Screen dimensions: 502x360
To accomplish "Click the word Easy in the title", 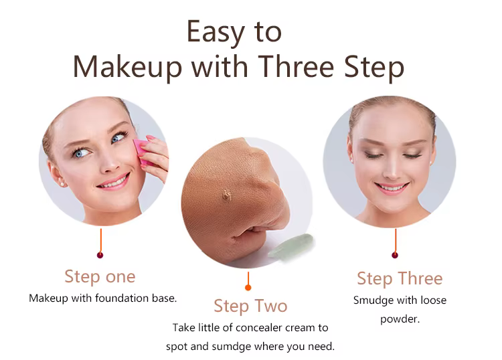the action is point(216,32).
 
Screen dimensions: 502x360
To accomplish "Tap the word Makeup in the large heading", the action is point(127,68).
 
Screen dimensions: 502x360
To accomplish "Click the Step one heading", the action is point(100,277).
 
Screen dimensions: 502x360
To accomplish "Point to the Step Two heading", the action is point(250,306).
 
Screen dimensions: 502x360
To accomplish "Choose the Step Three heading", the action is point(400,279).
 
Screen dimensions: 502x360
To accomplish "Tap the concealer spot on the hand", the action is point(227,195).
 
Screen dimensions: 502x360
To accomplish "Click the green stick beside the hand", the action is point(290,246).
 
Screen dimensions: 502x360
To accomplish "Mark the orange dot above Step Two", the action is point(248,288).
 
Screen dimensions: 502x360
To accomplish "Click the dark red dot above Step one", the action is point(100,255).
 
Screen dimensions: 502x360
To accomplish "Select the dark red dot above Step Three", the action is point(395,255).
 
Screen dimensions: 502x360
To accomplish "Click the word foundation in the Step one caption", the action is point(122,298).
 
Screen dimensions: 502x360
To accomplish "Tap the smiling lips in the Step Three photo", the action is point(392,187).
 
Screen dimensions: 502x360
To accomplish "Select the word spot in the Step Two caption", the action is point(177,347).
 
